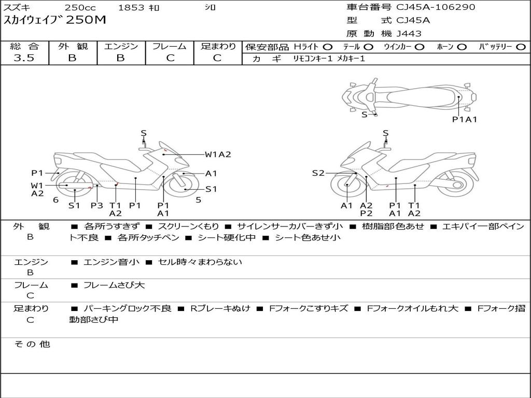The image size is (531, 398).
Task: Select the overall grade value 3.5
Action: [24, 58]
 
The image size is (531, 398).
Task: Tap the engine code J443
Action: [409, 34]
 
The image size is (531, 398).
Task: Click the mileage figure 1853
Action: [132, 8]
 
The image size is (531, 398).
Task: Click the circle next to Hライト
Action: [328, 47]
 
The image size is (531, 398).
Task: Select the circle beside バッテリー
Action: [521, 47]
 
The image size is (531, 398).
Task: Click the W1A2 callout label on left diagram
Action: [217, 154]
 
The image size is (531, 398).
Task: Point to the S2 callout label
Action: [318, 173]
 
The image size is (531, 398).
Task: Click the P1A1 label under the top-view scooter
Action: [464, 119]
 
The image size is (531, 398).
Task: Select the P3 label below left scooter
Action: [97, 206]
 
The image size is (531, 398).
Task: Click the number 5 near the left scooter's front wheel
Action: [198, 200]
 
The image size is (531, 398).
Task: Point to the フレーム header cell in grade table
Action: [170, 46]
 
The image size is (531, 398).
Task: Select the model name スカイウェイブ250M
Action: [55, 20]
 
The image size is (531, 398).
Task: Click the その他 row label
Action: [32, 344]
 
